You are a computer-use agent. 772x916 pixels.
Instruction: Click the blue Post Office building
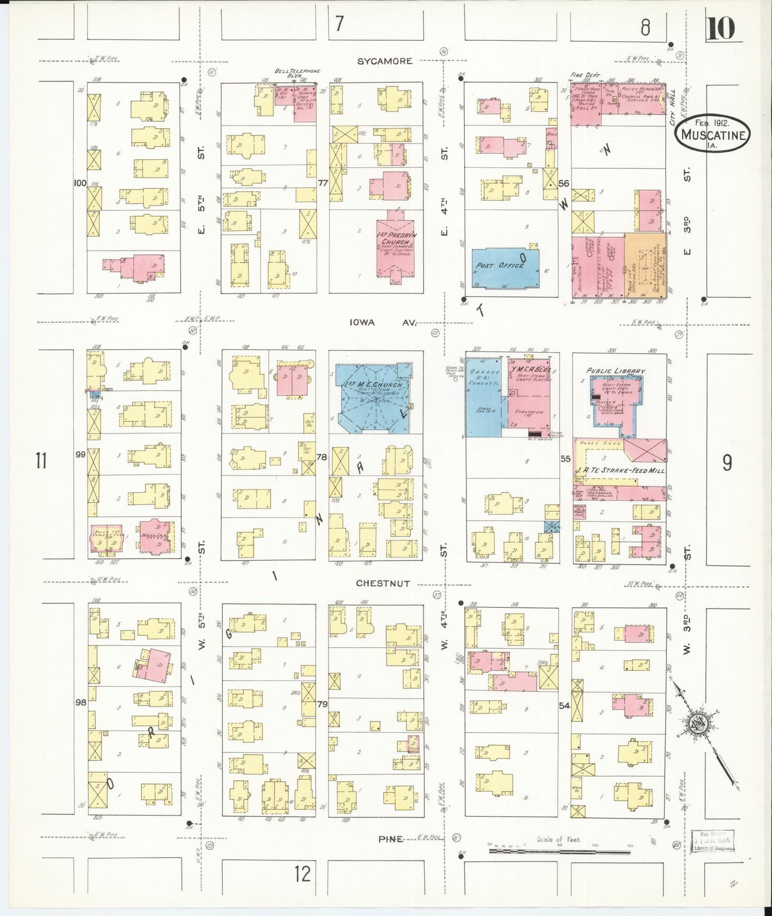(x=505, y=268)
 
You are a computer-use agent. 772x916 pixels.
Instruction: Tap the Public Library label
(x=615, y=370)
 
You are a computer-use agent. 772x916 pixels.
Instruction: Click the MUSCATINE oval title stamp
(x=713, y=134)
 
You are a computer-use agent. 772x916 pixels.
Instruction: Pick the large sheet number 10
(x=721, y=28)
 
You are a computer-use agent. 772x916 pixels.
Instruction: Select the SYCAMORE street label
(x=385, y=61)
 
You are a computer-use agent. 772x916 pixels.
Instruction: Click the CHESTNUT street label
(x=384, y=584)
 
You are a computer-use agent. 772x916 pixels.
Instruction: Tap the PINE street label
(x=391, y=839)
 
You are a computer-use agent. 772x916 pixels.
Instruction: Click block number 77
(x=322, y=183)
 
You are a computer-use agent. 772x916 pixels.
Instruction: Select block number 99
(x=81, y=454)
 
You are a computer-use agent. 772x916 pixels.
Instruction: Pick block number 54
(x=564, y=705)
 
